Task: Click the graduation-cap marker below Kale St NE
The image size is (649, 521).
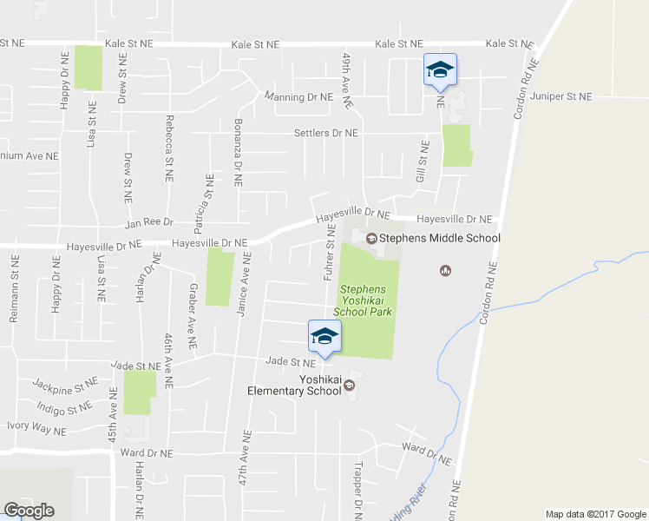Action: [x=439, y=70]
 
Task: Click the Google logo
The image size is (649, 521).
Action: [x=29, y=510]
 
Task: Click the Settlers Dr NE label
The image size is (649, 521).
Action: [x=326, y=133]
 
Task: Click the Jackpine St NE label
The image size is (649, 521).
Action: [x=66, y=382]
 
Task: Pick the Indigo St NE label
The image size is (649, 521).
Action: [x=64, y=406]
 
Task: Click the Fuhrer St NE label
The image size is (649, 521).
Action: [x=330, y=252]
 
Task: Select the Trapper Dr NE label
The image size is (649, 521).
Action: [x=357, y=490]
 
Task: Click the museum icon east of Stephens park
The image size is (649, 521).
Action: [x=445, y=270]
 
